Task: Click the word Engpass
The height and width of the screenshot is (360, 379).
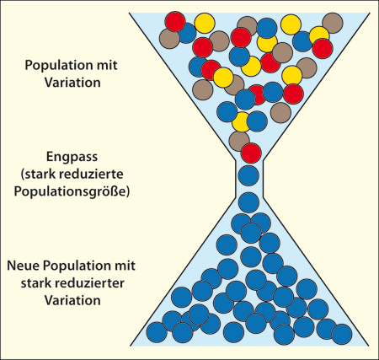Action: (72, 157)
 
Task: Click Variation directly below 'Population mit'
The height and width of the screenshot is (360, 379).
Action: (72, 83)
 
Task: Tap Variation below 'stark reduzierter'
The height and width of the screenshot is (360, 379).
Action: (72, 300)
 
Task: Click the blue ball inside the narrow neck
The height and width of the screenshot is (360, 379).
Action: (248, 175)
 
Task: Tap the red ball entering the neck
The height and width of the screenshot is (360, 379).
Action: (251, 153)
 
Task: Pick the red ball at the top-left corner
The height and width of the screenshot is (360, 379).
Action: (175, 21)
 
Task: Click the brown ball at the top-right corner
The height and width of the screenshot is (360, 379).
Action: (333, 23)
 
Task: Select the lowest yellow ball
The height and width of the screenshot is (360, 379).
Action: (241, 122)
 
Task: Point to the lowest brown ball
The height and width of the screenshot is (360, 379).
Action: (238, 141)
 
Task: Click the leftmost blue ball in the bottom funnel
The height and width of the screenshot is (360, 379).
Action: (157, 332)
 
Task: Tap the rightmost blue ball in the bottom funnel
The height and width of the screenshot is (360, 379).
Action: (342, 334)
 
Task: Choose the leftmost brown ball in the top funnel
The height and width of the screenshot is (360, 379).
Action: (169, 39)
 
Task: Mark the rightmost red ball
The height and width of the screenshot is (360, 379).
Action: (323, 49)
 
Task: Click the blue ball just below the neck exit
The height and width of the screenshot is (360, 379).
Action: (248, 202)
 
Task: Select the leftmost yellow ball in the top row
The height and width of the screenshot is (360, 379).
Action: (205, 24)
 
